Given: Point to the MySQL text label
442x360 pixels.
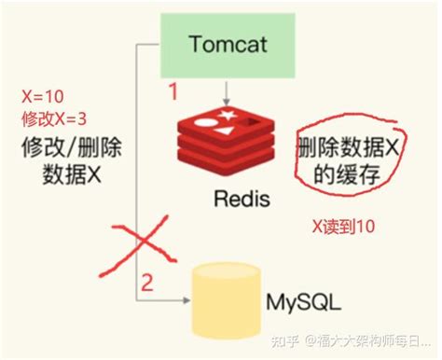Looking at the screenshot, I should click(303, 303).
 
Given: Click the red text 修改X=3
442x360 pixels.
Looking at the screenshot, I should click(54, 119).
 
